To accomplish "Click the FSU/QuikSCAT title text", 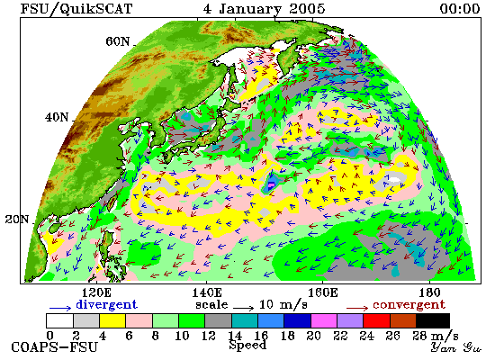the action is [76, 9].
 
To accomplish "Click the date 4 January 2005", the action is [264, 9].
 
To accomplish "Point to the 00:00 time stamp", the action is [460, 9].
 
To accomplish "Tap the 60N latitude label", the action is [117, 41].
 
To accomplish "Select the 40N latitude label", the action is [57, 118].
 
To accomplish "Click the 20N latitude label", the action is [17, 220].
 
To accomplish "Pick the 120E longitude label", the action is [96, 292].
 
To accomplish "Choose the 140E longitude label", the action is [207, 292].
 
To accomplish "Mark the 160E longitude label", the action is [322, 292].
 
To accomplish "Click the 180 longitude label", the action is [429, 292].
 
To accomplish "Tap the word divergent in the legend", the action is [107, 305].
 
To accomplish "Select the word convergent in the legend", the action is [409, 305].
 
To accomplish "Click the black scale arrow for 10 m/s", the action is [243, 307].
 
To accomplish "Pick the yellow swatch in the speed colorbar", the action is [112, 320].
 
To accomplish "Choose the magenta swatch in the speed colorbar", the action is [324, 320].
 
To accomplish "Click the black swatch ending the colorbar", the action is [433, 320].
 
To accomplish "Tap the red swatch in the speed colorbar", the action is [376, 320].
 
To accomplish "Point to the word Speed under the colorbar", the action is [247, 346].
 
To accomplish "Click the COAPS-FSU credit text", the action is [54, 347].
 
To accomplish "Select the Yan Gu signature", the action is [456, 347].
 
